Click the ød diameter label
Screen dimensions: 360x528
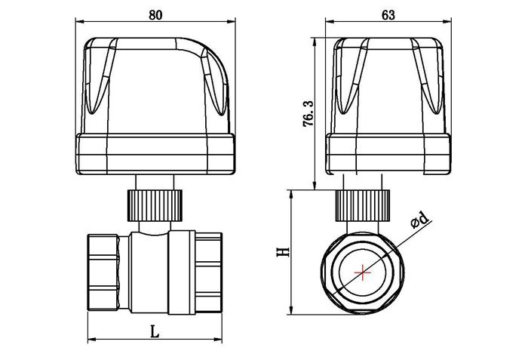(419, 220)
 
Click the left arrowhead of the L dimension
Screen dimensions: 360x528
(91, 340)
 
